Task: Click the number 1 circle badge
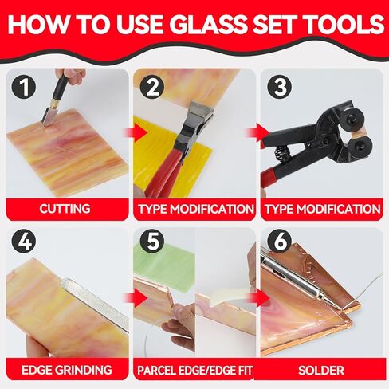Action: pyautogui.click(x=24, y=87)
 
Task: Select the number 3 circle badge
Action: pyautogui.click(x=279, y=87)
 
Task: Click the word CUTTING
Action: pyautogui.click(x=65, y=209)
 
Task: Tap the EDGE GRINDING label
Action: pyautogui.click(x=67, y=370)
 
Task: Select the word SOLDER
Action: pyautogui.click(x=321, y=371)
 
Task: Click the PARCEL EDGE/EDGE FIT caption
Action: pyautogui.click(x=194, y=371)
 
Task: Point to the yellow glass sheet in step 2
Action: pyautogui.click(x=170, y=159)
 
